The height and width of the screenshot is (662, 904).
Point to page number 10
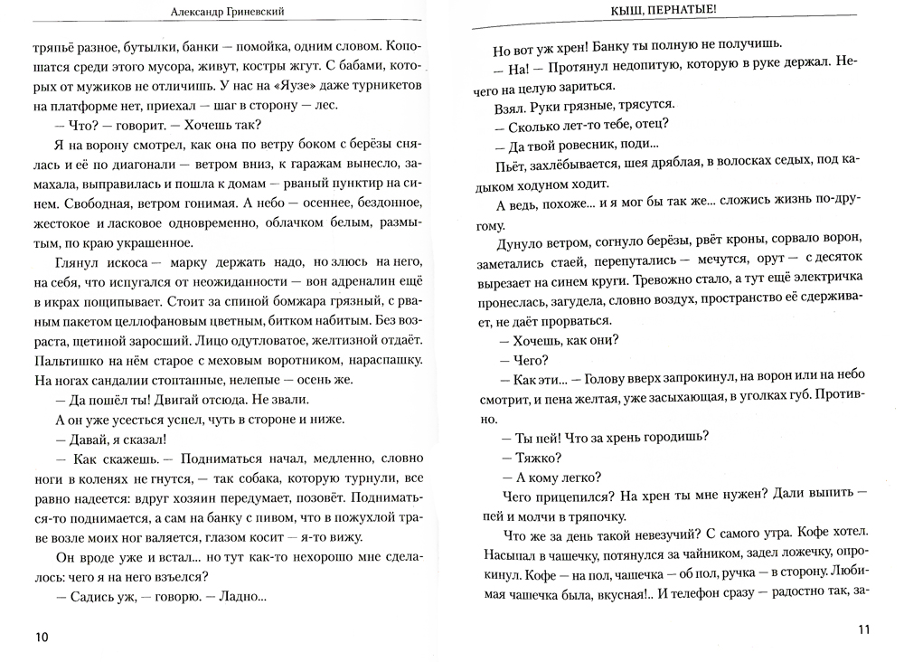pos(42,637)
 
